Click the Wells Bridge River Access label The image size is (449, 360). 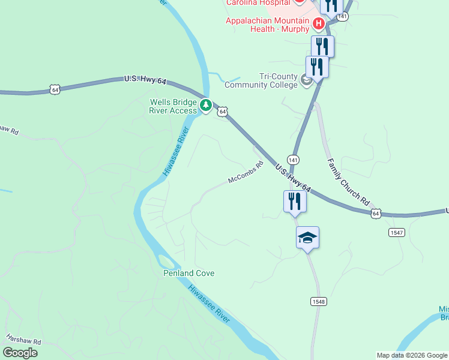click(x=173, y=106)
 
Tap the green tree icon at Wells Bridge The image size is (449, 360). click(x=206, y=106)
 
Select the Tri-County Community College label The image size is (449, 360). click(x=261, y=80)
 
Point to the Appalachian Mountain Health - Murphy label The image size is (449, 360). click(x=267, y=25)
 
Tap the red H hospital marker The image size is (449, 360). click(x=319, y=24)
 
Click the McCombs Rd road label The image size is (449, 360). click(x=246, y=173)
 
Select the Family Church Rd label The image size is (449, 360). click(x=348, y=183)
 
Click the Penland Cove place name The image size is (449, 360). click(x=189, y=273)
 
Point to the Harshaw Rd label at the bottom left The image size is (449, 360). click(x=23, y=340)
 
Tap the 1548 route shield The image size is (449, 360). click(x=318, y=301)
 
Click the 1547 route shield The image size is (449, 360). click(x=396, y=232)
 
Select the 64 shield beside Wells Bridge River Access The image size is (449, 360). click(x=223, y=112)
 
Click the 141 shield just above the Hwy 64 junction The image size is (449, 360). click(x=293, y=160)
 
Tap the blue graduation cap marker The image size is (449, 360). click(x=307, y=237)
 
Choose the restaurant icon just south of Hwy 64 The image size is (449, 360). click(x=295, y=201)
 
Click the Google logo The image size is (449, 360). click(x=20, y=353)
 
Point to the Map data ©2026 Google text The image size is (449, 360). click(x=411, y=355)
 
